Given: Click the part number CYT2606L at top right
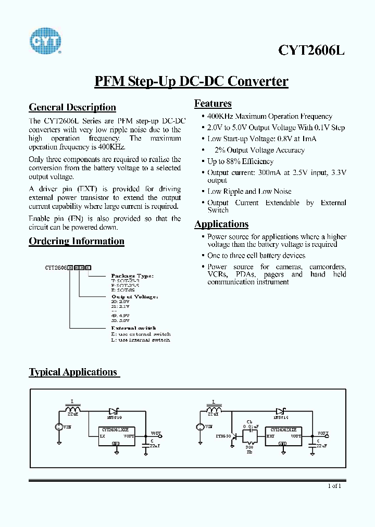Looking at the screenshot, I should pyautogui.click(x=311, y=50).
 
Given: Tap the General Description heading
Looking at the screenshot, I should pyautogui.click(x=72, y=107).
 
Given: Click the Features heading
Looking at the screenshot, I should pyautogui.click(x=213, y=103).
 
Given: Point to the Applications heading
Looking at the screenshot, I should pyautogui.click(x=221, y=224).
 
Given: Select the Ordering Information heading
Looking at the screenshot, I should pyautogui.click(x=77, y=241).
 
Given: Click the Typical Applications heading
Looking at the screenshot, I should pyautogui.click(x=73, y=372).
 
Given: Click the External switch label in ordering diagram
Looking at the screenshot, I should pyautogui.click(x=133, y=328).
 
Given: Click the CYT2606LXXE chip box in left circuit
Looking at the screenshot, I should pyautogui.click(x=116, y=436).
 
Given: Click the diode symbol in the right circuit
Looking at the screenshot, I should pyautogui.click(x=282, y=411).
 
